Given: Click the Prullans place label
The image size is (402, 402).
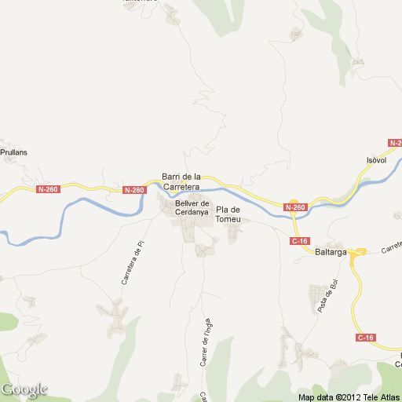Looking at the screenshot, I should [15, 154].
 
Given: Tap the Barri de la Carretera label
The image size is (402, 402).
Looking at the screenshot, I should [181, 182].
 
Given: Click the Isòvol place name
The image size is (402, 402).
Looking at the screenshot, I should [378, 160].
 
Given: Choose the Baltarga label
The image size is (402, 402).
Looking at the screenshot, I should [331, 253].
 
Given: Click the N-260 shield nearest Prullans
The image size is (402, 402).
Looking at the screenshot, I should [48, 189].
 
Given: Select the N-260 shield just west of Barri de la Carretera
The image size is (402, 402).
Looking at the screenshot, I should [134, 190].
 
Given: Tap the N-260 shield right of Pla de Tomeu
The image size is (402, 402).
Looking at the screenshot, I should [294, 207].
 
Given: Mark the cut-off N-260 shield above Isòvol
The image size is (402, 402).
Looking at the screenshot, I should [395, 143].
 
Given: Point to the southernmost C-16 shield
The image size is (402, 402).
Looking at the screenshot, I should [366, 338].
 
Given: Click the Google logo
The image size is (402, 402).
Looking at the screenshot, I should [24, 389].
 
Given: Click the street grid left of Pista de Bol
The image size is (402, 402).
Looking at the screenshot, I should [317, 297].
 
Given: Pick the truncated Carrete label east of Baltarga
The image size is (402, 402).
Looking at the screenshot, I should [391, 248].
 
